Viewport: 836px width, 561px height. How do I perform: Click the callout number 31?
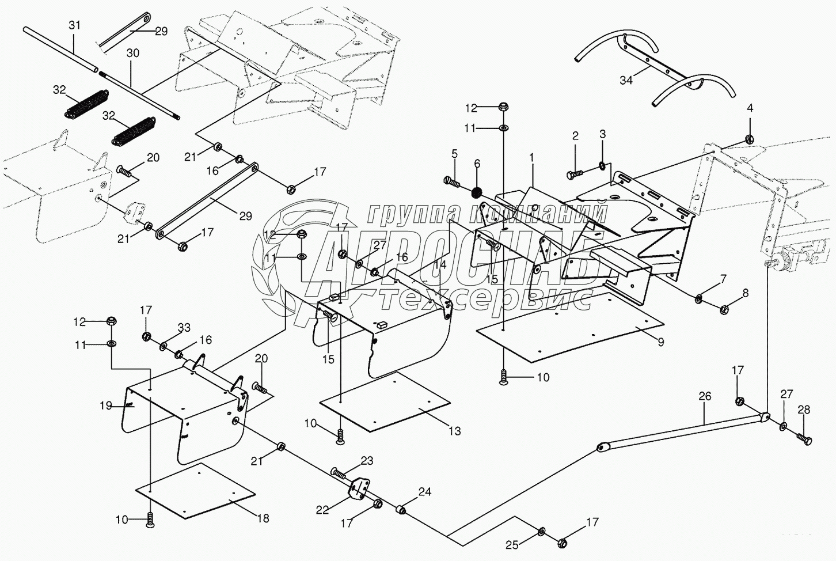coord(75,25)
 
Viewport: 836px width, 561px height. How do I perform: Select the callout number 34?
coord(626,80)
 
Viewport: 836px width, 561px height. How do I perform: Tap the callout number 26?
coord(705,396)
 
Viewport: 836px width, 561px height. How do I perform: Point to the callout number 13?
coord(455,430)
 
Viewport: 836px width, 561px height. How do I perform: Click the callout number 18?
coord(263,518)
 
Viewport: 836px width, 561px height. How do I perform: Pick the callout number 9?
coord(660,342)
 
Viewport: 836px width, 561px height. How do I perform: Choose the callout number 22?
coord(322,510)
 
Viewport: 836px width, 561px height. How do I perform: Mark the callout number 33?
coord(184,328)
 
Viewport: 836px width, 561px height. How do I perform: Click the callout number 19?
coord(105,405)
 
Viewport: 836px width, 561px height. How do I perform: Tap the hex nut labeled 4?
coord(750,138)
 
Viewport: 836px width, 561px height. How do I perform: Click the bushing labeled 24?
coord(400,510)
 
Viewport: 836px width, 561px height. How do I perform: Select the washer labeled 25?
coord(542,531)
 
